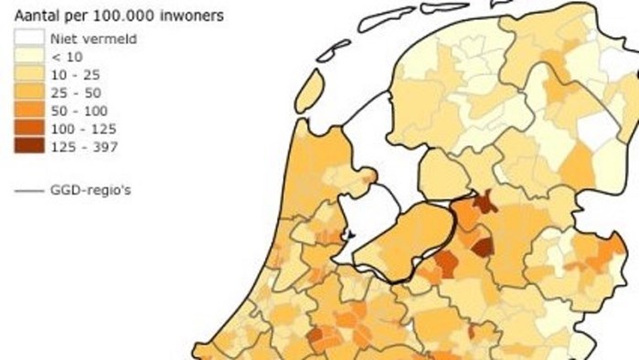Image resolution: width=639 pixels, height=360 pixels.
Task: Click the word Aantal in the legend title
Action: coord(34,16)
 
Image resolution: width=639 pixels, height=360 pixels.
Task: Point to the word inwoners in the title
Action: coord(194,16)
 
